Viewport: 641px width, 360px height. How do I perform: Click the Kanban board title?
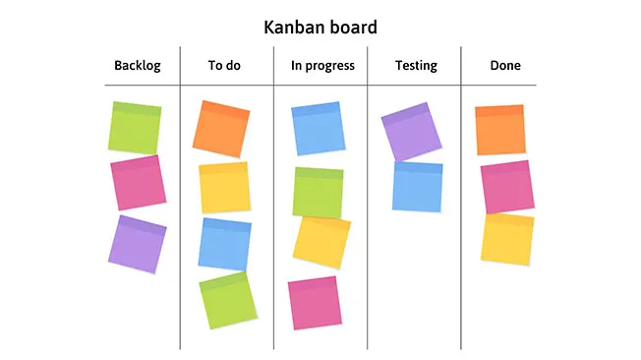(320, 27)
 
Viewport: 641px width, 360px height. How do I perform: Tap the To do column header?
(224, 66)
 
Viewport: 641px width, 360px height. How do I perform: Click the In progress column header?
(322, 66)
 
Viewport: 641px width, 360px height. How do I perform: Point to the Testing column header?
(416, 66)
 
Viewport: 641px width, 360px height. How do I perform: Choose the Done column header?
(505, 66)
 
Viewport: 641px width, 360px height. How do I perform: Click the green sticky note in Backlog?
(136, 128)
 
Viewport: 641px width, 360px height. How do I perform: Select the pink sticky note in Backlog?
(138, 182)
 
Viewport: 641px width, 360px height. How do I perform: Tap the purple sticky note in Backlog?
(138, 244)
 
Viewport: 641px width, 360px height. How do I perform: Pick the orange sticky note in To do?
(221, 129)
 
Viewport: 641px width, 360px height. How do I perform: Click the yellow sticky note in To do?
(224, 188)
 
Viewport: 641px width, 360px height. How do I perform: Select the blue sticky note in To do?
(225, 244)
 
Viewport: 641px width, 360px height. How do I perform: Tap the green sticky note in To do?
(227, 300)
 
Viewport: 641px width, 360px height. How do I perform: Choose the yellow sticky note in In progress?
(321, 242)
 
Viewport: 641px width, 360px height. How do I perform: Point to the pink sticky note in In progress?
(314, 302)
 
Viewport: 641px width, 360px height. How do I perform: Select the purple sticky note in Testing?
(412, 132)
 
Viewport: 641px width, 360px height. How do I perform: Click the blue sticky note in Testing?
(418, 186)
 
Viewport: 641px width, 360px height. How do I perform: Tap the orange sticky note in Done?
(500, 130)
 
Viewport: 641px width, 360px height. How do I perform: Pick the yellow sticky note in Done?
(507, 238)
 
